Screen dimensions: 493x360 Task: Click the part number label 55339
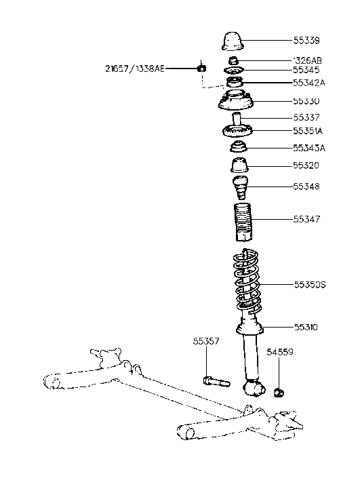point(307,41)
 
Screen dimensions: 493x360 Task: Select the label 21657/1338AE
point(134,68)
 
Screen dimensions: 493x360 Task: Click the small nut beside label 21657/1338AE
point(201,68)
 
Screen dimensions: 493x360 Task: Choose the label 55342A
point(309,83)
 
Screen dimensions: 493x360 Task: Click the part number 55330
point(307,101)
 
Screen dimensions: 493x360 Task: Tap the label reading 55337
point(307,117)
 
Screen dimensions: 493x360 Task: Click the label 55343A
point(309,148)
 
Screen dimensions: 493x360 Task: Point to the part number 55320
point(307,165)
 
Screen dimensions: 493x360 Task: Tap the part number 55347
point(307,220)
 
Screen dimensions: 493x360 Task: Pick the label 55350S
point(310,285)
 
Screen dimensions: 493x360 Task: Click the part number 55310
point(307,327)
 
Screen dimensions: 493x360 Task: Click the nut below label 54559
point(278,392)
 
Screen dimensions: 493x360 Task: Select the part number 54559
point(279,353)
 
